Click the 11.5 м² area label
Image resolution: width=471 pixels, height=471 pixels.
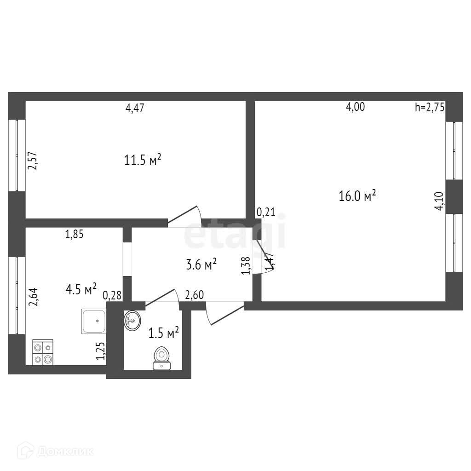143,160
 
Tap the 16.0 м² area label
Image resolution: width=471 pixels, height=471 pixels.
357,196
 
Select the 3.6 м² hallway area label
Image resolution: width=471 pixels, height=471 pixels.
201,264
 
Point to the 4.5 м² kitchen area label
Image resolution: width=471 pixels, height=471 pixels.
81,289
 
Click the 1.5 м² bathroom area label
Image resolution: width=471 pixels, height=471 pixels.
163,332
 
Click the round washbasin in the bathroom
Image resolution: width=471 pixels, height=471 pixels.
132,320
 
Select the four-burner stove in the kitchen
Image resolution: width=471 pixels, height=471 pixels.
42,352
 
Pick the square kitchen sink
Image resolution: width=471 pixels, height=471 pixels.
94,322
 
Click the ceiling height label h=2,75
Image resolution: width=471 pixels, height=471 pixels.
430,108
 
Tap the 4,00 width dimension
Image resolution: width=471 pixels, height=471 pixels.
355,107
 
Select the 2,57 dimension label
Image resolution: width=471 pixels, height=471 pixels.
33,161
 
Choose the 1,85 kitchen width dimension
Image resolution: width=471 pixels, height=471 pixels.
75,235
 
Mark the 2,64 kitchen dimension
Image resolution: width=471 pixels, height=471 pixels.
33,297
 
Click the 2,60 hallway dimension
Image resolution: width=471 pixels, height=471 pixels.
194,295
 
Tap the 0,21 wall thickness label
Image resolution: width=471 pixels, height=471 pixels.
265,212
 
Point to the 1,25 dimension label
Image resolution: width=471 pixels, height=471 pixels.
101,351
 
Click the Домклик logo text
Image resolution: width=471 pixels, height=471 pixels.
64,451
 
